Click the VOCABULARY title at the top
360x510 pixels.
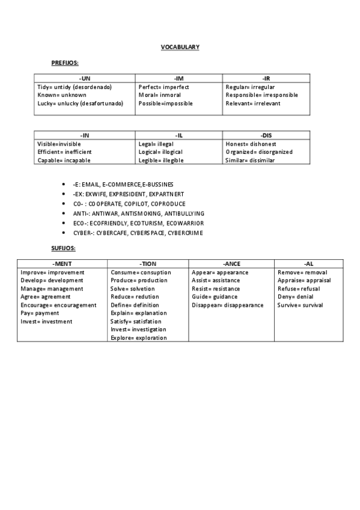(180, 47)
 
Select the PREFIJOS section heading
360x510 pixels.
(66, 63)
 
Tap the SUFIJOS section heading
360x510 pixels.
(64, 248)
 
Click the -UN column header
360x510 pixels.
(85, 79)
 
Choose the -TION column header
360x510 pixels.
(147, 264)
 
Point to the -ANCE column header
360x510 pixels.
(231, 264)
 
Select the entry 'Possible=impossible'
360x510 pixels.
(165, 103)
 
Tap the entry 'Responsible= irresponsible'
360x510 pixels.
(261, 95)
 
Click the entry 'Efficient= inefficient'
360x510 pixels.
(64, 152)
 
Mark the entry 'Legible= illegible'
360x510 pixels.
(160, 161)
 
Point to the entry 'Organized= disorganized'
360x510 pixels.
(259, 152)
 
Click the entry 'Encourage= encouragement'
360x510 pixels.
(58, 305)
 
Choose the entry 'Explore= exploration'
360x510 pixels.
(139, 338)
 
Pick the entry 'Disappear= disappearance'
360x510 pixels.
(227, 305)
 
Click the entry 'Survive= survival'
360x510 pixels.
(300, 305)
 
